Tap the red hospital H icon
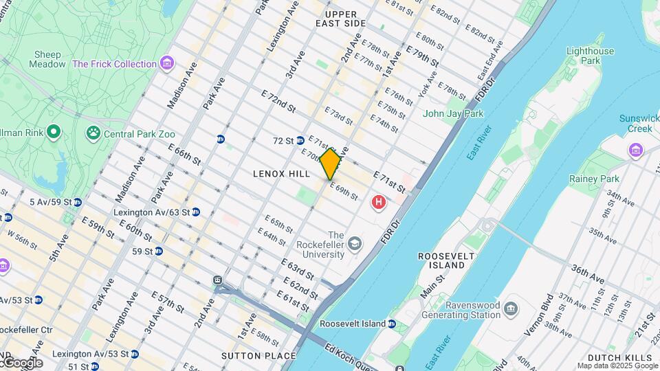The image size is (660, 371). point(377,202)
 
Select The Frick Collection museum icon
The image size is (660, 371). point(166,64)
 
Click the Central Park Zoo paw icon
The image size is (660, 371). point(93,132)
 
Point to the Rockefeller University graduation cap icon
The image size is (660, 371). point(354,243)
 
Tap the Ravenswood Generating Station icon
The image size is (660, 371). point(511,307)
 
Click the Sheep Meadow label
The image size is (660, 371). point(47,59)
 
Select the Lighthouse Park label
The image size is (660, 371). point(590,56)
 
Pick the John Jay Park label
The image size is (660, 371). point(453,113)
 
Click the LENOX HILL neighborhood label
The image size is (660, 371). point(282,174)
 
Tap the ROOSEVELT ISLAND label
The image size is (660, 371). point(447,260)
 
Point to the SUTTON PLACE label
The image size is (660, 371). point(258,356)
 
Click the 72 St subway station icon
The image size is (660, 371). point(300,141)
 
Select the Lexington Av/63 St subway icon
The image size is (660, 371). point(196,212)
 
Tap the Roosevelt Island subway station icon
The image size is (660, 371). point(391,324)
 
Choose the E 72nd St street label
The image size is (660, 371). point(278,100)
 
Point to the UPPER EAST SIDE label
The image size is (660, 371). point(341,19)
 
